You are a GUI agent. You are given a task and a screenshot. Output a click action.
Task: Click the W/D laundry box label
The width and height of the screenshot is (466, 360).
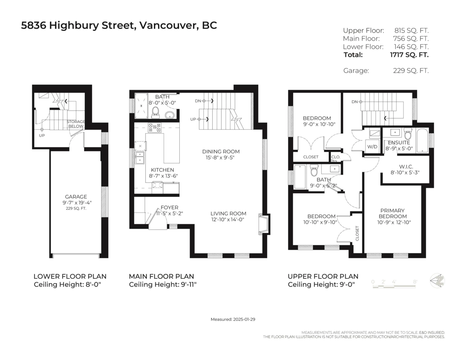pyautogui.click(x=372, y=147)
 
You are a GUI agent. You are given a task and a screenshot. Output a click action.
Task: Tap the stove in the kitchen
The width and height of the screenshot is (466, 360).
pyautogui.click(x=155, y=128)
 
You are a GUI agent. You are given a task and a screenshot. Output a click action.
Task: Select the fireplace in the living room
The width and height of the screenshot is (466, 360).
pyautogui.click(x=264, y=224)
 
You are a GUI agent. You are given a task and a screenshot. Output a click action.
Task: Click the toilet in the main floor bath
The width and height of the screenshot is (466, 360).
pyautogui.click(x=155, y=113)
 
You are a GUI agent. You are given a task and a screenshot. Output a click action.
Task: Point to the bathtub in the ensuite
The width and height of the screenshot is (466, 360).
pyautogui.click(x=422, y=141)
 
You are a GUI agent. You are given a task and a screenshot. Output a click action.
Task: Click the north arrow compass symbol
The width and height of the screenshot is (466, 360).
pyautogui.click(x=437, y=281)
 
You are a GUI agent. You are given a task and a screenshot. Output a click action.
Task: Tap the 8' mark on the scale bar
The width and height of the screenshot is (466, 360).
pyautogui.click(x=415, y=282)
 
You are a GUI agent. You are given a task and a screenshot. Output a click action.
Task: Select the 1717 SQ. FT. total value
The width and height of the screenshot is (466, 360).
pyautogui.click(x=409, y=55)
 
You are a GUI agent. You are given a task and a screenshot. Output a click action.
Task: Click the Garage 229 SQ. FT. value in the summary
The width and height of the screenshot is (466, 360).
pyautogui.click(x=411, y=71)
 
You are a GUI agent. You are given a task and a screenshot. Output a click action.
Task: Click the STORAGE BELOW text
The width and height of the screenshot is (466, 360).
pyautogui.click(x=76, y=124)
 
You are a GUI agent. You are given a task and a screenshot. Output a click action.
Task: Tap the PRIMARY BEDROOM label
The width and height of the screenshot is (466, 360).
pyautogui.click(x=393, y=213)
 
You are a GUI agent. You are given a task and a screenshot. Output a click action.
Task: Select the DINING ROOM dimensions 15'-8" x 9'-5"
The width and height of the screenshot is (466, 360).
pyautogui.click(x=220, y=158)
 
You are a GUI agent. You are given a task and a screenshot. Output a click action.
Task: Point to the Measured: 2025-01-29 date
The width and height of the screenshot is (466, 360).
pyautogui.click(x=233, y=319)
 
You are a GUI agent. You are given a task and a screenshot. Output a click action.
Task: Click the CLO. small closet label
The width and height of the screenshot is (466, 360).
pyautogui.click(x=336, y=157)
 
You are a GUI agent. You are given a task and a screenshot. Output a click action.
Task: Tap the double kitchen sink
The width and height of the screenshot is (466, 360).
pyautogui.click(x=140, y=158)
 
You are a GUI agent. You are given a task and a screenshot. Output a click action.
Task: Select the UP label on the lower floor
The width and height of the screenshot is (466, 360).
pyautogui.click(x=42, y=136)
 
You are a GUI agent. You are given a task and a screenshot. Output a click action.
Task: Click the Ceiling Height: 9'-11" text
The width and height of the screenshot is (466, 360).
pyautogui.click(x=163, y=285)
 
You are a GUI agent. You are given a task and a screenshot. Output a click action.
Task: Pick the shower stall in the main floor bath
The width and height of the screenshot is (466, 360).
pyautogui.click(x=141, y=106)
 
